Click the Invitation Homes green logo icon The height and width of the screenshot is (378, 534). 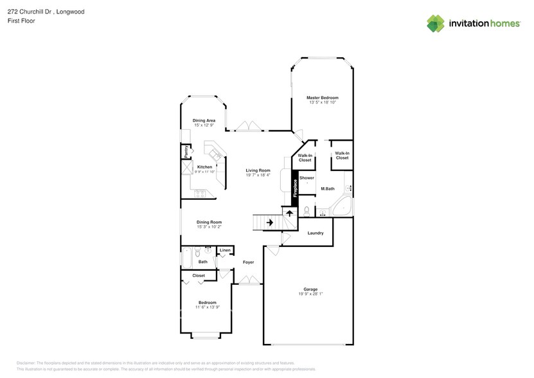tap(436, 23)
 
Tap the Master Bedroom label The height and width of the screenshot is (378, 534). tap(322, 97)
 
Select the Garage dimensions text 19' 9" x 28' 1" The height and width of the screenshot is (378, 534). tap(310, 294)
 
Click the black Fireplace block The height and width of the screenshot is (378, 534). tap(296, 186)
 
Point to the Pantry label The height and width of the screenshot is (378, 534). tap(186, 152)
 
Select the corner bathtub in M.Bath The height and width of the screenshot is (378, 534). tap(342, 207)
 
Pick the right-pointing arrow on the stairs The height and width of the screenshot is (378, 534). tap(269, 222)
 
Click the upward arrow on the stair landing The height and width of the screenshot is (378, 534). tap(289, 213)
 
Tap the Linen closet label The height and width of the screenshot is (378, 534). tap(225, 250)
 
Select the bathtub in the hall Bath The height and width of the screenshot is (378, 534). tap(187, 258)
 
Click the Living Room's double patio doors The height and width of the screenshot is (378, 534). tap(248, 127)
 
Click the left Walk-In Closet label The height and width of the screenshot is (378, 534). tap(305, 157)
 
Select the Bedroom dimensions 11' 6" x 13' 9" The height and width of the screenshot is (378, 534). tap(207, 307)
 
